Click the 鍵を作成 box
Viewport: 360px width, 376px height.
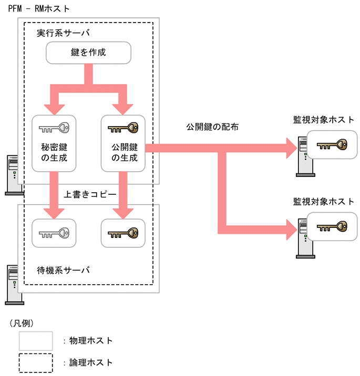(x=88, y=53)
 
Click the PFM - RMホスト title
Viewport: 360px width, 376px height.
(x=39, y=9)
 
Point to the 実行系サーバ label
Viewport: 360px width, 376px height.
(x=63, y=34)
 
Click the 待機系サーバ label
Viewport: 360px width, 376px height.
(x=63, y=270)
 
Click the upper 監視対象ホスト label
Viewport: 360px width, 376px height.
(x=324, y=120)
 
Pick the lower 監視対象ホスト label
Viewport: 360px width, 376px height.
(x=324, y=202)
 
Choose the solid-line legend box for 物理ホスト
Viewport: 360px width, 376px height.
(x=36, y=340)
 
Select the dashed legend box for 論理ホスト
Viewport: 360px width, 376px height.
(x=36, y=362)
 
